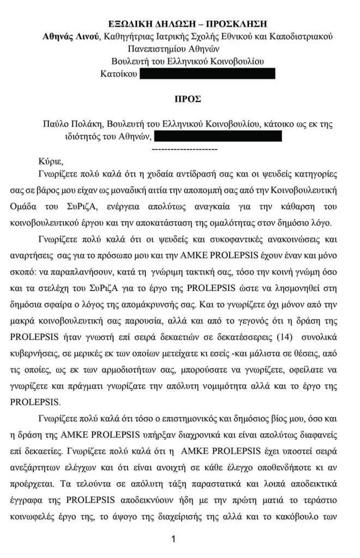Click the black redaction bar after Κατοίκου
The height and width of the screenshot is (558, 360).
[x=208, y=74]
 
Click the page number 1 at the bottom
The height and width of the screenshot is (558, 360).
[x=173, y=539]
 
